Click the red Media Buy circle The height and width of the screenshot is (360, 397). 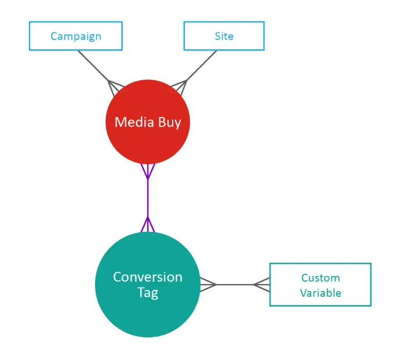coord(148,122)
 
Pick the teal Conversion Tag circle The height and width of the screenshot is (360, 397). coord(148,285)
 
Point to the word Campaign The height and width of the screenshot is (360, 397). coord(76,37)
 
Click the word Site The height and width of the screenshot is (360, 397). coord(224,36)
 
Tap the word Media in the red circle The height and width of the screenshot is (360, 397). coord(134,122)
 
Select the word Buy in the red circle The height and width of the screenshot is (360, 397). coord(170,123)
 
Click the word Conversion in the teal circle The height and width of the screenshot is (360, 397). coord(148,277)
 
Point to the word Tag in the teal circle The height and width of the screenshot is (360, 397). coord(148,293)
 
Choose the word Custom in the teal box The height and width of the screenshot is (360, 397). coord(320,278)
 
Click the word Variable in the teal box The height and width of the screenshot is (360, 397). coord(320,293)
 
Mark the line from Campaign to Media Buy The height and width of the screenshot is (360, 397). coord(96,68)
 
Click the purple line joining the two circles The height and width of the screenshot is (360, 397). coord(148,198)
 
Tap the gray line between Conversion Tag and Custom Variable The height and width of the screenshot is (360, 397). coord(235,285)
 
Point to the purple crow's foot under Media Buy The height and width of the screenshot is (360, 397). coord(148,171)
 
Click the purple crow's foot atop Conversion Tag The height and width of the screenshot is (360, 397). coord(148,224)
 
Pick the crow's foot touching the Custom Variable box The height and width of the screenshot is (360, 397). coord(262,285)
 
